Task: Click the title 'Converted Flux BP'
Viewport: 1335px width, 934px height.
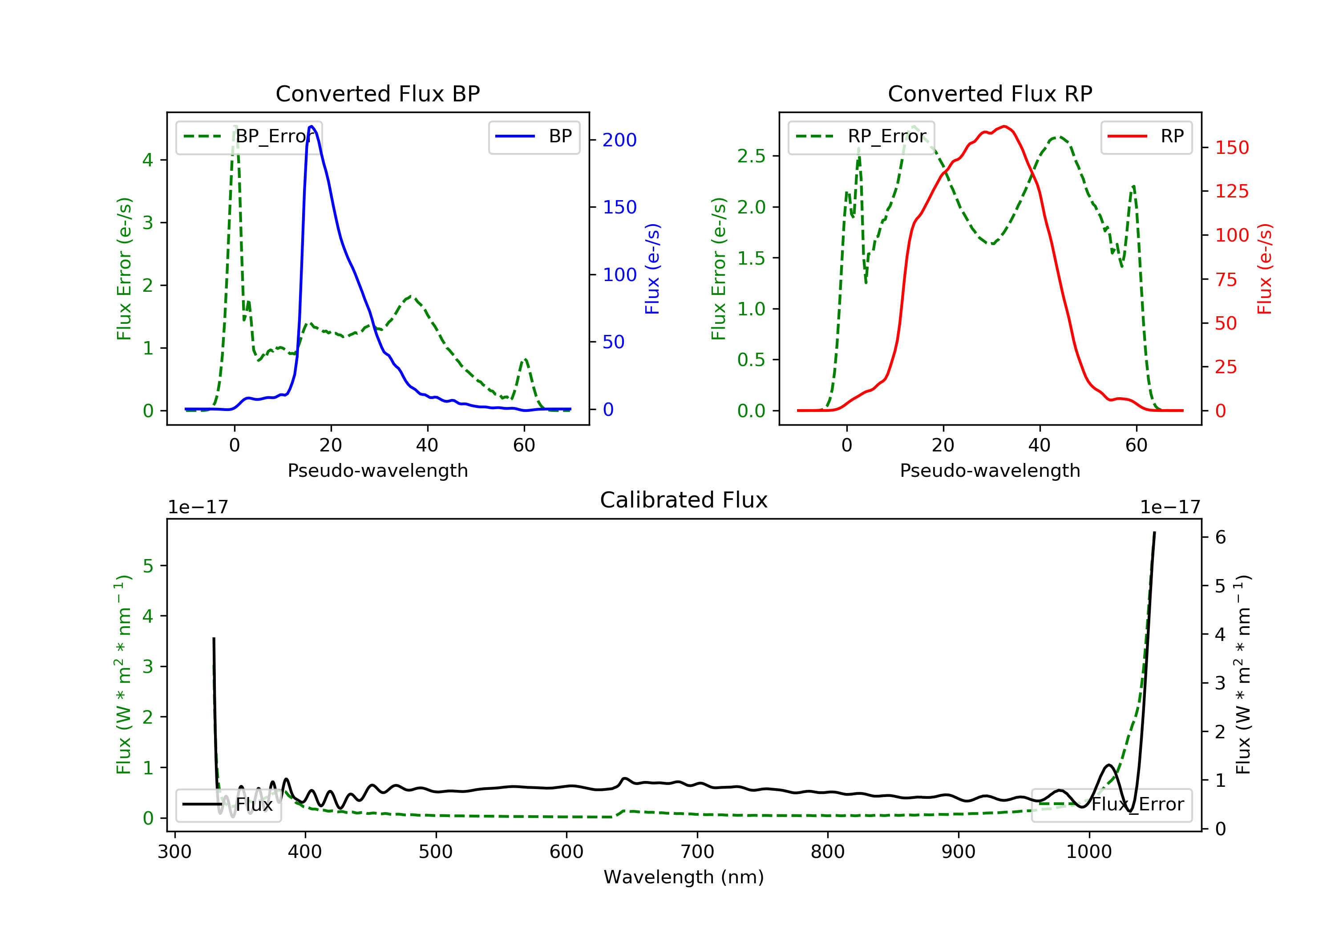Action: (377, 93)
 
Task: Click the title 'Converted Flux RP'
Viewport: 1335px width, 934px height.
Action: (990, 93)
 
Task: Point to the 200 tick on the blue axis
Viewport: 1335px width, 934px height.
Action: (619, 140)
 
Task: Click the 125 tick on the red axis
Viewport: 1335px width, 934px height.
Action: (1231, 191)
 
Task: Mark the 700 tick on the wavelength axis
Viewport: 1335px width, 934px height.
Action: (697, 852)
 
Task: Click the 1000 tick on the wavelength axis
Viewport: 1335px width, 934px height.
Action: (1088, 852)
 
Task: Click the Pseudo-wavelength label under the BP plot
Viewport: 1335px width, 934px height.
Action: (377, 470)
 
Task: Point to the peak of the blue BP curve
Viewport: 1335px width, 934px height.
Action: (311, 126)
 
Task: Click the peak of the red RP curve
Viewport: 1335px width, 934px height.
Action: (1004, 127)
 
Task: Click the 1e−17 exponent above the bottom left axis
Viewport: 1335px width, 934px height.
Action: (198, 507)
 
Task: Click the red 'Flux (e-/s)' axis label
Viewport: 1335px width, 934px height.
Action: (1264, 269)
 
